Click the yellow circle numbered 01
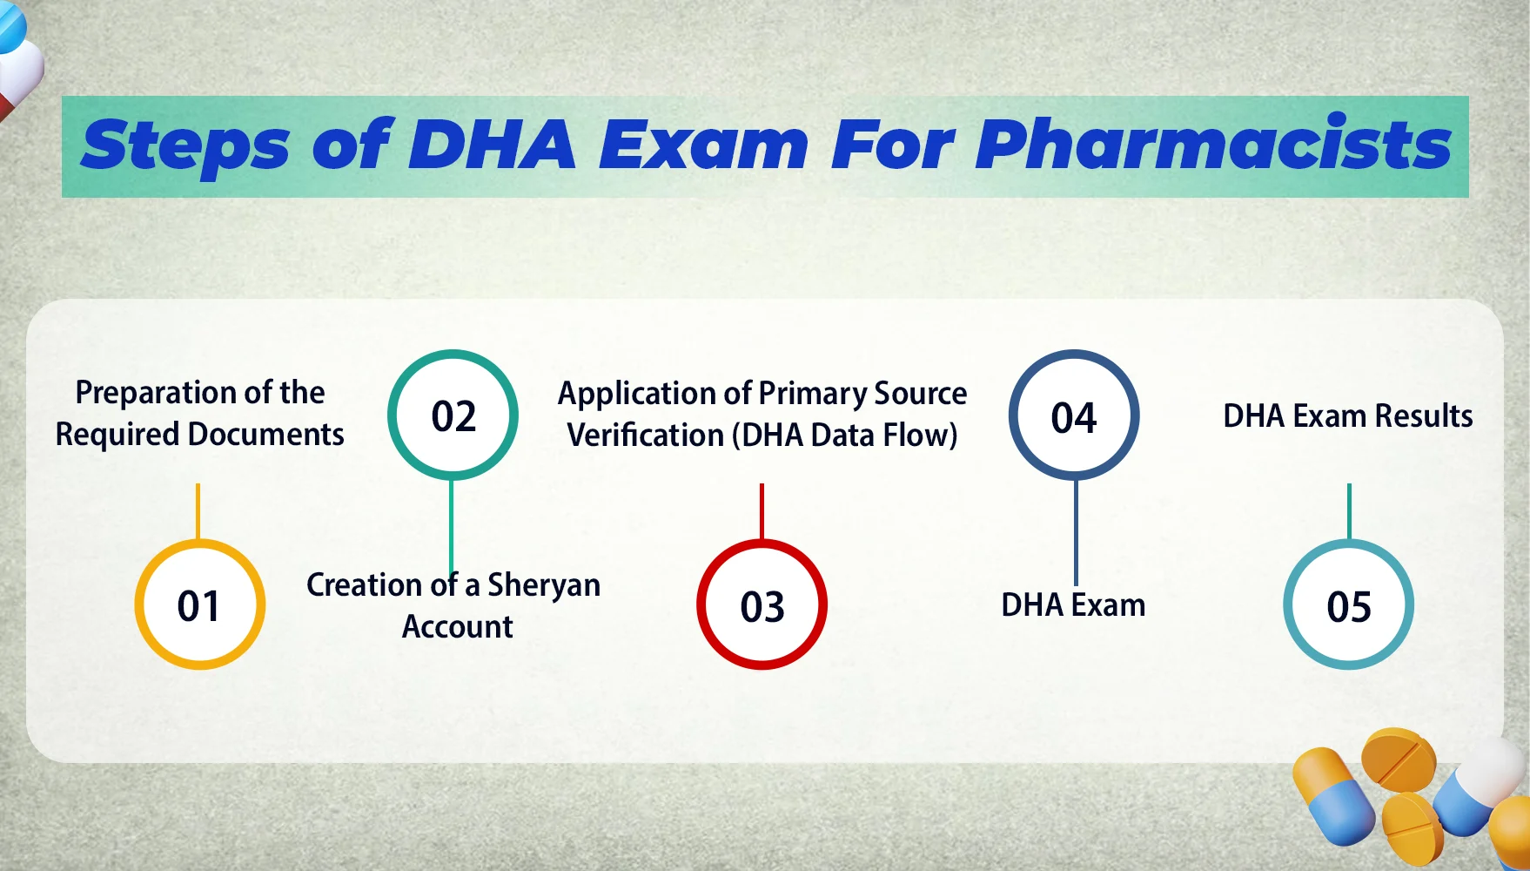click(x=199, y=604)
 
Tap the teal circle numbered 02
click(x=453, y=415)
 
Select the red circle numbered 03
click(x=762, y=604)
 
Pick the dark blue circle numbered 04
click(x=1074, y=415)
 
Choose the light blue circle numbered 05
click(x=1348, y=604)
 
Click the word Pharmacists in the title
click(x=1212, y=145)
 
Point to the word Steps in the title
click(x=185, y=146)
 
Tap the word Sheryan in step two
click(x=544, y=585)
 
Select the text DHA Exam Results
click(x=1347, y=416)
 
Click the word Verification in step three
click(x=645, y=435)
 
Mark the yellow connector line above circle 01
click(x=198, y=510)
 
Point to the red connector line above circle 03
click(x=762, y=510)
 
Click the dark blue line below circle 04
click(x=1076, y=531)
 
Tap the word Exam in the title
click(x=703, y=145)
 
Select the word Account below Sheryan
click(x=458, y=627)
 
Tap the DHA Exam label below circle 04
click(x=1073, y=605)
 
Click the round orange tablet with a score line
click(x=1398, y=760)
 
